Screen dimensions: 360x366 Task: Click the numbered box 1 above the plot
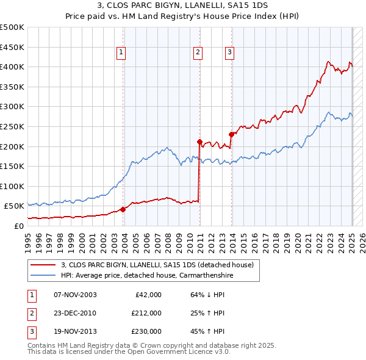122,53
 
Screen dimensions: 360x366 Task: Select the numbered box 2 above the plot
198,53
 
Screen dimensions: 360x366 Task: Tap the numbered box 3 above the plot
229,53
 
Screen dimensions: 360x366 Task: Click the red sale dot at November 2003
123,209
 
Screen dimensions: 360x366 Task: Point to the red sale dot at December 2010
199,142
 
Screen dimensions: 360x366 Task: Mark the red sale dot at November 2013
231,134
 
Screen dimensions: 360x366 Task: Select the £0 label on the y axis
18,226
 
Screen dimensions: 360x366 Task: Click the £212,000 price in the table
146,313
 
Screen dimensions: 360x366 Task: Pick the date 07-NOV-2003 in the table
75,295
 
